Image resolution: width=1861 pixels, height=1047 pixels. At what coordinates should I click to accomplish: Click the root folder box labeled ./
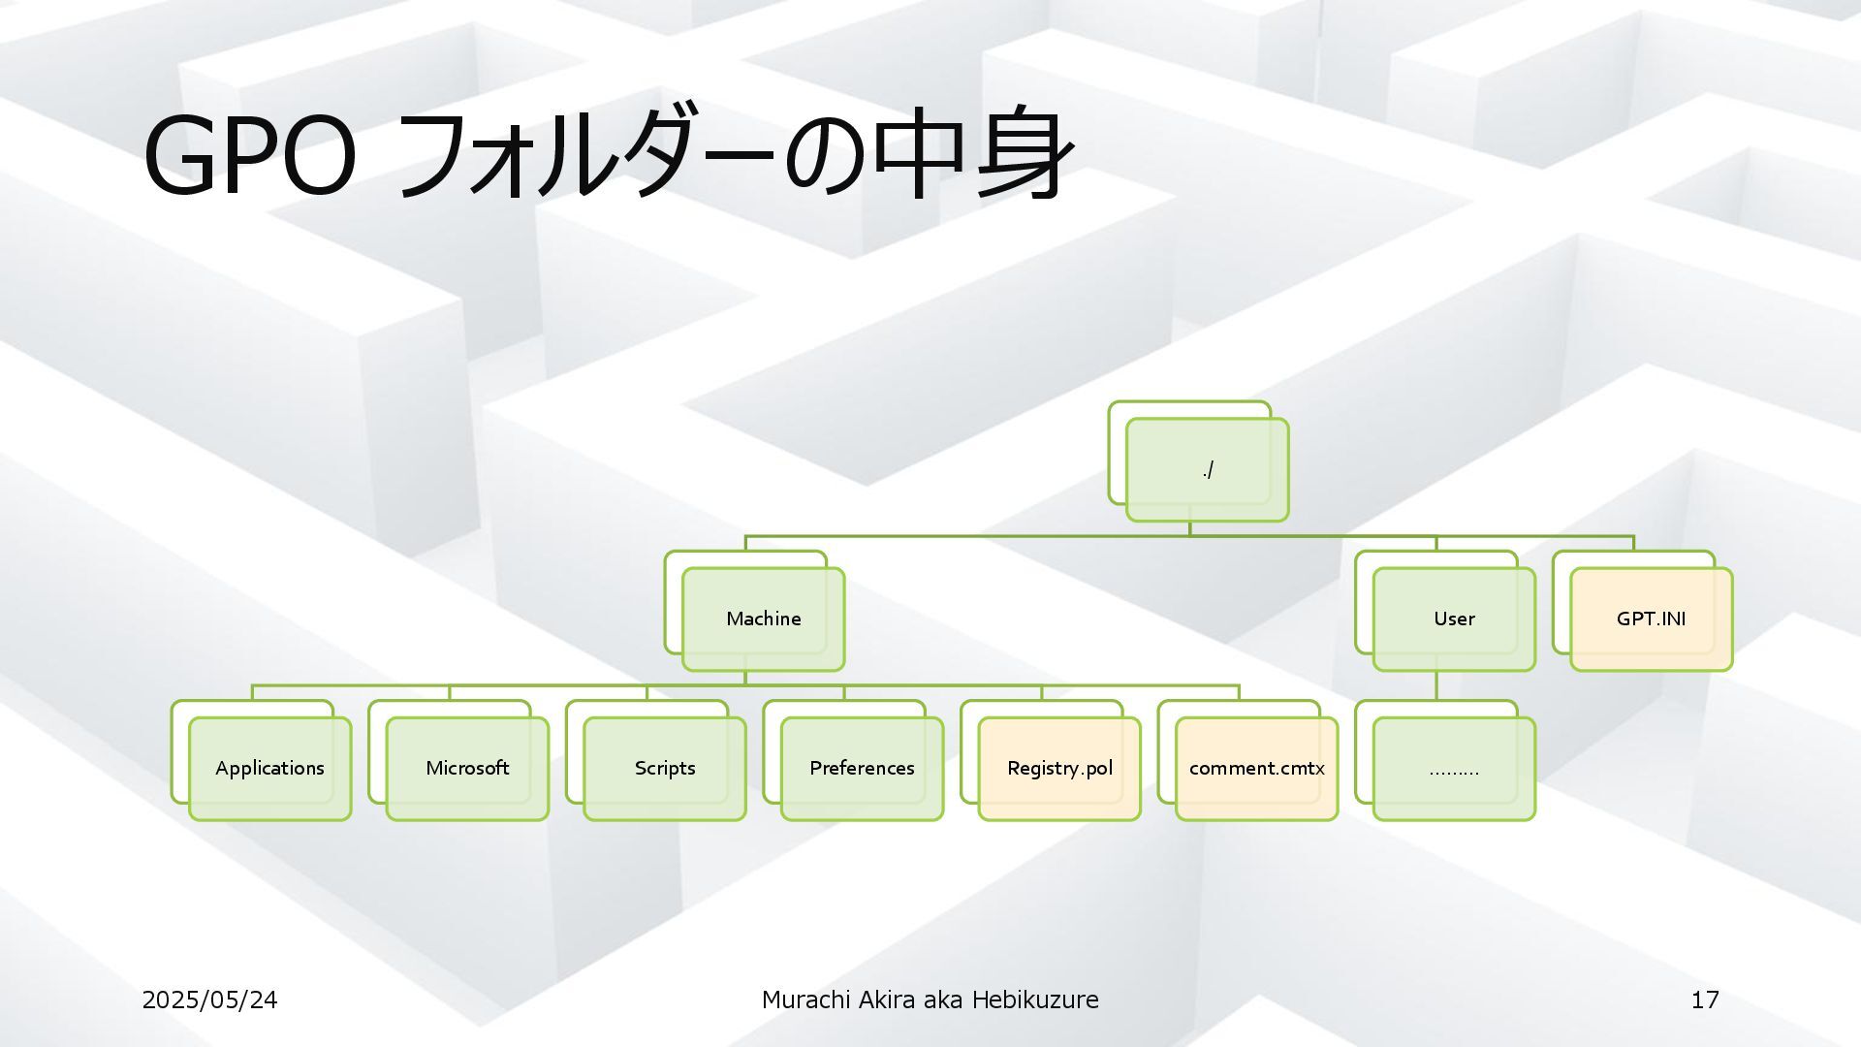(x=1207, y=470)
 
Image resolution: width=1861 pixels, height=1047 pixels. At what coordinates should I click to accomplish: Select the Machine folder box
(x=763, y=619)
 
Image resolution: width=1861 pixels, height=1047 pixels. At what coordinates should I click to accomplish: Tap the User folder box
(x=1454, y=619)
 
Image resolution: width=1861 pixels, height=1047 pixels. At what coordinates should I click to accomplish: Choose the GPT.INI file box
(x=1651, y=619)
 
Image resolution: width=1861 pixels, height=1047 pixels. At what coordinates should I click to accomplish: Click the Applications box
(x=269, y=768)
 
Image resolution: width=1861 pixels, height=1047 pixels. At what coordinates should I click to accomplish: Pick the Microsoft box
(x=467, y=768)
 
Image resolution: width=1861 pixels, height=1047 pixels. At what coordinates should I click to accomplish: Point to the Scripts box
(x=665, y=768)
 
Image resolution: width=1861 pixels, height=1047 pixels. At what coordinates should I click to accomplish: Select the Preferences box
(x=862, y=768)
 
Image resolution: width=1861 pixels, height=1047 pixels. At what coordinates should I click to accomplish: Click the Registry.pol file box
(x=1059, y=768)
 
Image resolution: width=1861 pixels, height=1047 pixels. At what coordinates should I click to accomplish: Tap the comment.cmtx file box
(x=1256, y=768)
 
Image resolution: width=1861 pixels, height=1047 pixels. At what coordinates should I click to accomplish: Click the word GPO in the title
(x=249, y=155)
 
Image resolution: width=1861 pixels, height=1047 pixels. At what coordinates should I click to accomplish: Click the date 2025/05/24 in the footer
(x=209, y=999)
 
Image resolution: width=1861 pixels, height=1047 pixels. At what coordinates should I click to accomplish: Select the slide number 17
(x=1705, y=999)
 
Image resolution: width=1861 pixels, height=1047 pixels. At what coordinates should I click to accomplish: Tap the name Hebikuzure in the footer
(x=1035, y=999)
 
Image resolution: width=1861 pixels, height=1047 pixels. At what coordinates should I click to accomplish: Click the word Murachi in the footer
(x=805, y=999)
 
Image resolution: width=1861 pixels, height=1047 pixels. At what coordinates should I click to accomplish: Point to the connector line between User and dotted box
(x=1436, y=685)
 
